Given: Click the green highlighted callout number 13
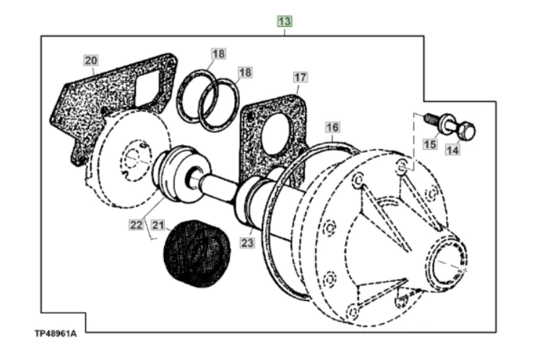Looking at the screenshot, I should tap(285, 21).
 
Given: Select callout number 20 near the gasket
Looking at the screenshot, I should tap(90, 60).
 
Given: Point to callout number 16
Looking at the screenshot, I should tap(332, 128).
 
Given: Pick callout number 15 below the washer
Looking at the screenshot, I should tap(430, 144).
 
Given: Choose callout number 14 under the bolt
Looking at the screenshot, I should tap(452, 150).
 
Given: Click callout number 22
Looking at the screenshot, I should tap(136, 225).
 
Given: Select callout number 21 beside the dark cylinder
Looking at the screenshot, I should tap(158, 225).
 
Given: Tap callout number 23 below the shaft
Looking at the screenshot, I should tap(248, 244).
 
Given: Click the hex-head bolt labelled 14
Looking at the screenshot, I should tap(464, 132).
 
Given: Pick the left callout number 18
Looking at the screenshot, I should tap(218, 53).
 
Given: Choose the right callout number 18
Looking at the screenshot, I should tap(245, 72).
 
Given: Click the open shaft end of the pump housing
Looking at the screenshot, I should tap(451, 260).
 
